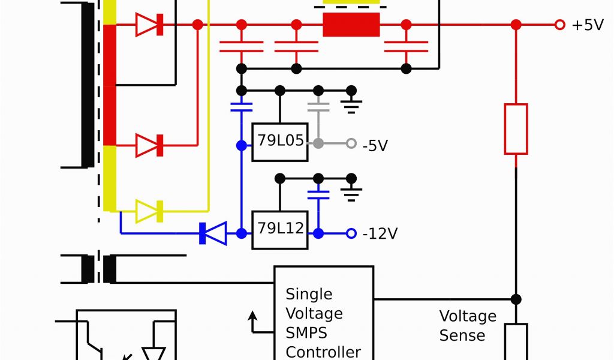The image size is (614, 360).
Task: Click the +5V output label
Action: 588,26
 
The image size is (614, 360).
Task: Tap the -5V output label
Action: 375,145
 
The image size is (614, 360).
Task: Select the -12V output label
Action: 380,233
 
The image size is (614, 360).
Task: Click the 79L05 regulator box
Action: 280,142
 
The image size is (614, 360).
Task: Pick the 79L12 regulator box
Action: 280,230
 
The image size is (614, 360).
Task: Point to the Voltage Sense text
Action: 468,325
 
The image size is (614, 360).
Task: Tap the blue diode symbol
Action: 213,233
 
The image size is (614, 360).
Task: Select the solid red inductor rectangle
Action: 351,25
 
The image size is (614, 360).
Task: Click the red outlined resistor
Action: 516,129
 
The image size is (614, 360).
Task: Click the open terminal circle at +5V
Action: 560,25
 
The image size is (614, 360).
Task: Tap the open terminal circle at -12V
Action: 351,233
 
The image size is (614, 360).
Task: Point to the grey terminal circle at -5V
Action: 351,143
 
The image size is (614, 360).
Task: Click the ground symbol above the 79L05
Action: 351,106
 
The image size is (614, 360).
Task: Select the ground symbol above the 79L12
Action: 351,193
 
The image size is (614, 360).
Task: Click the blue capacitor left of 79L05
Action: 241,107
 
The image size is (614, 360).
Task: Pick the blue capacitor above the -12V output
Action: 318,194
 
